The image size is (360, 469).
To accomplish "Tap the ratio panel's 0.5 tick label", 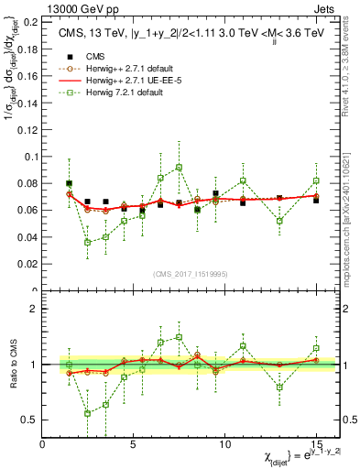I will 32,420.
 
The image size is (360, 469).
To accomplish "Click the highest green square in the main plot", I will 179,168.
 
